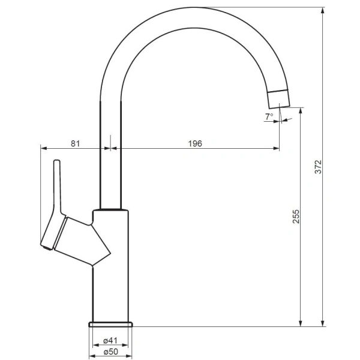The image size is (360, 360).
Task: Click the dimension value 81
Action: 75,143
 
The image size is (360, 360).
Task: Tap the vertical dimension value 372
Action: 319,166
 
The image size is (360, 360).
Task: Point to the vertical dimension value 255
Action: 295,217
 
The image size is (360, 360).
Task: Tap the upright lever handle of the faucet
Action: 56,186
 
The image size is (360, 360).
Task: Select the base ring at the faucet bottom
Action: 110,325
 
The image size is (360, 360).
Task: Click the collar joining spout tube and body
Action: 110,210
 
